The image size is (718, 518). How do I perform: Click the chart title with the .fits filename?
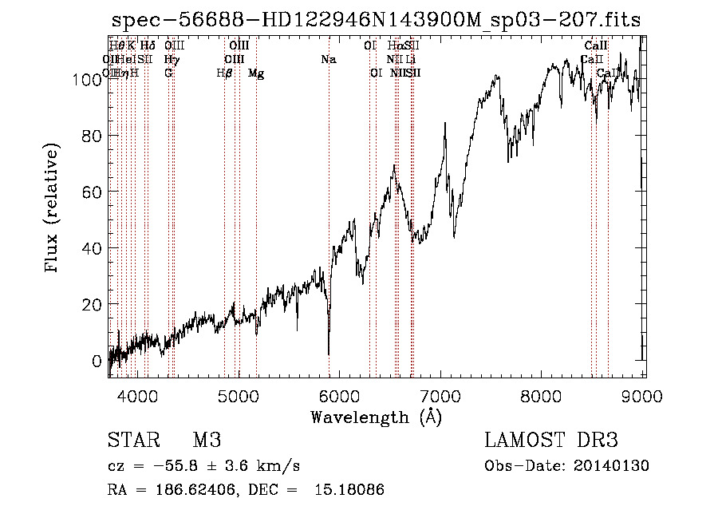(x=376, y=20)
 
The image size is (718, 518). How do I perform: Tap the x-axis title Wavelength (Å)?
(x=376, y=417)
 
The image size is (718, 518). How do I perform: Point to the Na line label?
(x=328, y=60)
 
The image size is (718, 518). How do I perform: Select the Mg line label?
(x=256, y=73)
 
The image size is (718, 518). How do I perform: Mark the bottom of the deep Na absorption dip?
(x=329, y=354)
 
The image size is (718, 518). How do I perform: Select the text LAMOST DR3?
(x=551, y=441)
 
